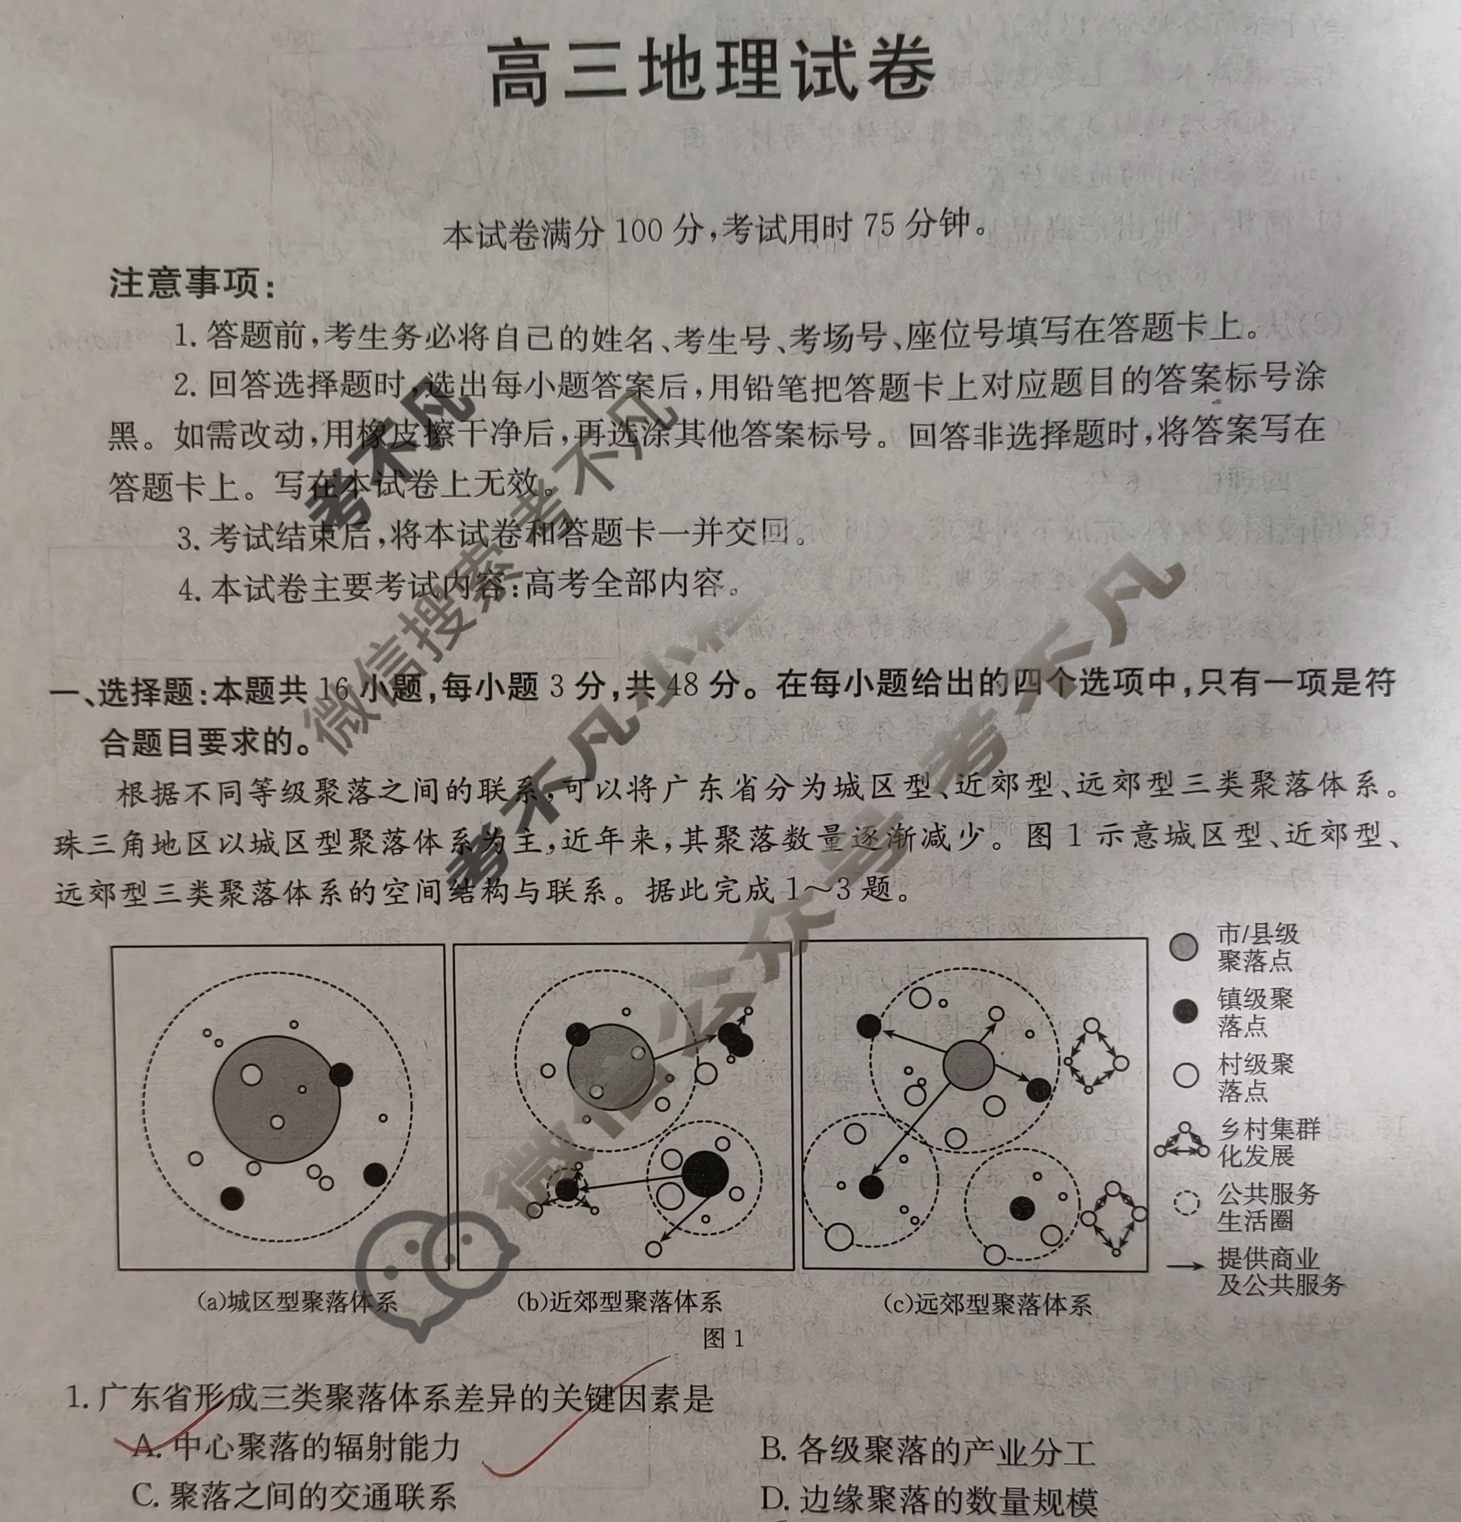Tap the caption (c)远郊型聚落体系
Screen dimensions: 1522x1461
tap(987, 1304)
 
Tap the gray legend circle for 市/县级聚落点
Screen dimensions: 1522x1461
tap(1183, 947)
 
